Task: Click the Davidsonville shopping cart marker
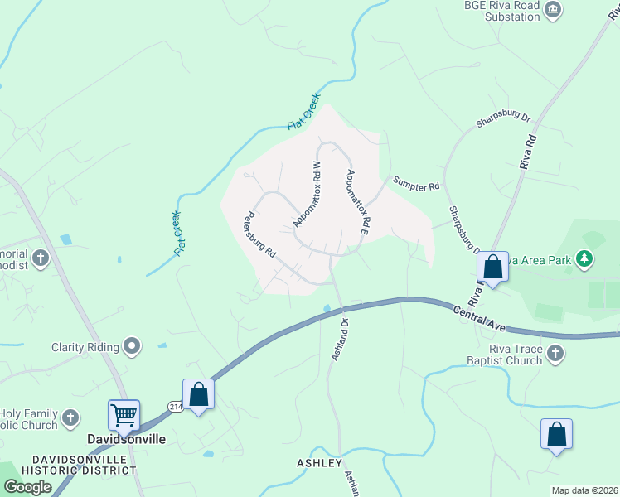tap(124, 414)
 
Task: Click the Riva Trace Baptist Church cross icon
tap(556, 355)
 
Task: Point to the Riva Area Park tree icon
tap(585, 259)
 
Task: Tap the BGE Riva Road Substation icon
tap(554, 11)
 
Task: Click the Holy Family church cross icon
tap(71, 418)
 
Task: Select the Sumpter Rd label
tap(416, 184)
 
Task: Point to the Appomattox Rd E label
tap(358, 202)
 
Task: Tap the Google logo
tap(27, 487)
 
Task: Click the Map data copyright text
tap(584, 490)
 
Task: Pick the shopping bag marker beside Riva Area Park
tap(493, 268)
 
